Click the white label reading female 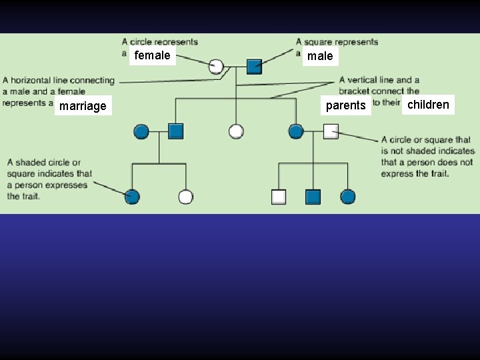[x=152, y=55]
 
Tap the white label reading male [x=320, y=57]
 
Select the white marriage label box [x=83, y=106]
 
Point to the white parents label [x=345, y=105]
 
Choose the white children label [x=428, y=105]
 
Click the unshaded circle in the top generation [x=216, y=66]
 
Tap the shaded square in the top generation [x=254, y=66]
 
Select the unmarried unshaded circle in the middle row [x=236, y=131]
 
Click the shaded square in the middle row [x=176, y=131]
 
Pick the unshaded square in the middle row [x=331, y=131]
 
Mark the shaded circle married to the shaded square [x=141, y=131]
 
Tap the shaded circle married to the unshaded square [x=296, y=131]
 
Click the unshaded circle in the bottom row [x=186, y=197]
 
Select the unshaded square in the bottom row [x=279, y=197]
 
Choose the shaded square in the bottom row [x=313, y=197]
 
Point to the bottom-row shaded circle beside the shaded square [x=347, y=197]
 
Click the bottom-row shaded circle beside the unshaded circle [x=132, y=197]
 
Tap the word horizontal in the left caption [x=33, y=81]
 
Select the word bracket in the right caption [x=354, y=91]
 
